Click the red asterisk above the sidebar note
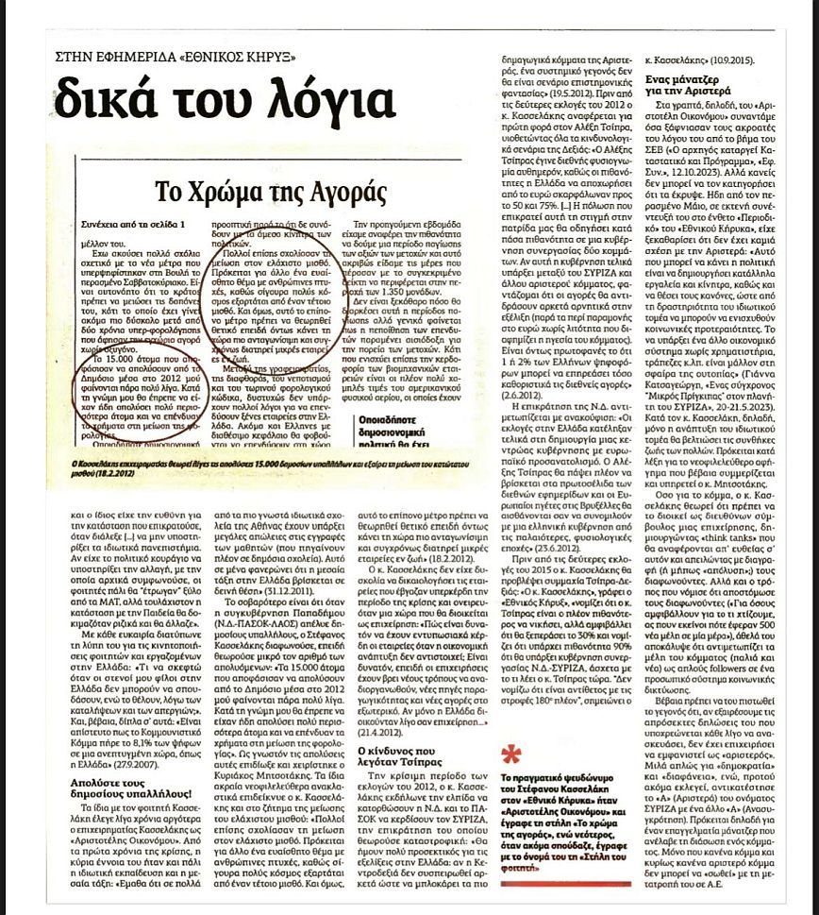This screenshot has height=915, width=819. point(511,777)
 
